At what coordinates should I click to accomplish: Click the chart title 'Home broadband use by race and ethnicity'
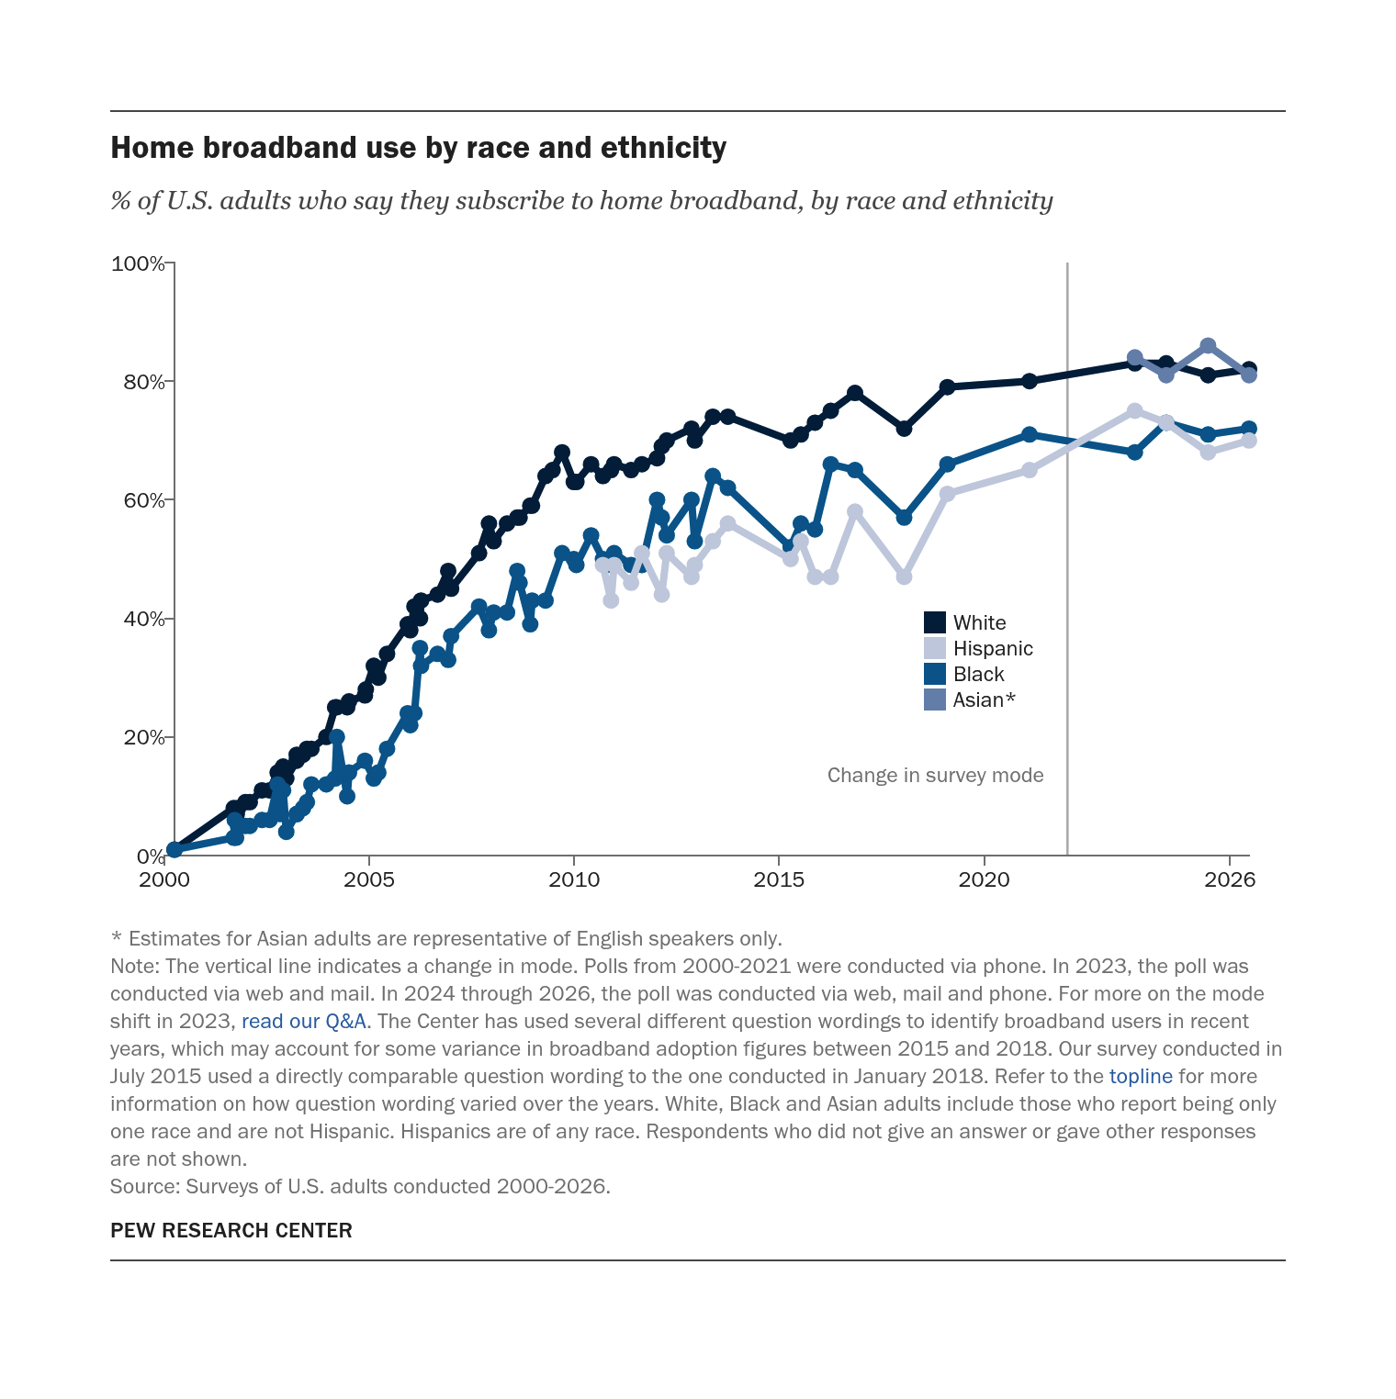click(x=418, y=148)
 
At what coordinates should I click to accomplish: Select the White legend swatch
click(x=935, y=622)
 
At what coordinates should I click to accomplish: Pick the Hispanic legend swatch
click(x=935, y=648)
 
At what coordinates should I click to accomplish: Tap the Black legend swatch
click(x=935, y=674)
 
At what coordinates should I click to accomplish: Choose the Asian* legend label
click(x=985, y=699)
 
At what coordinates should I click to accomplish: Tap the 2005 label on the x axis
click(x=369, y=879)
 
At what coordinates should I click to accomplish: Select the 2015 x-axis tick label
click(x=779, y=879)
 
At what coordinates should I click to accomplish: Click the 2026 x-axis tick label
click(x=1230, y=879)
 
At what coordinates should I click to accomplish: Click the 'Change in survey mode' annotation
click(x=935, y=775)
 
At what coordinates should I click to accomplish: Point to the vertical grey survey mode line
click(x=1067, y=559)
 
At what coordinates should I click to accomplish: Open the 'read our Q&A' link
click(x=304, y=1021)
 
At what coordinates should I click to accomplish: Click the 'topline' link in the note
click(x=1141, y=1076)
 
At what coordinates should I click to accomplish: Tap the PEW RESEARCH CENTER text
click(x=231, y=1230)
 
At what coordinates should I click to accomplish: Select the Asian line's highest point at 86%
click(x=1208, y=346)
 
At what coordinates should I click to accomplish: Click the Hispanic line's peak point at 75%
click(x=1134, y=410)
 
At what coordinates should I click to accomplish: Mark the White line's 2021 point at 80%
click(x=1029, y=381)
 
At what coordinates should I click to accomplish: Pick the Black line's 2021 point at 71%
click(x=1029, y=434)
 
